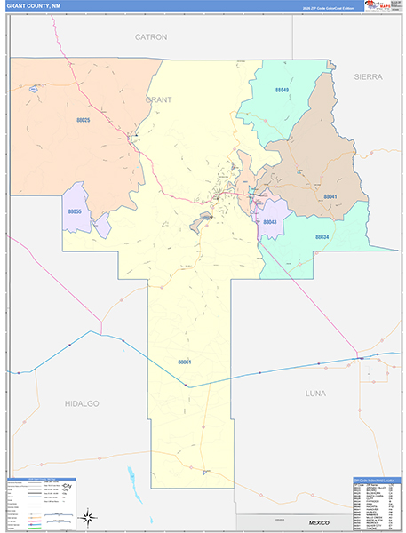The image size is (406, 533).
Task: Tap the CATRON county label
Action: point(151,37)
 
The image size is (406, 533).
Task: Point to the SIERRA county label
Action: point(368,77)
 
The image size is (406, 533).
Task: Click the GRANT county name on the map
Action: point(158,99)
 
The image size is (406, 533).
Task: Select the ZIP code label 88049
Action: point(282,90)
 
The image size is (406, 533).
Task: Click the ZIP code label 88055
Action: point(75,211)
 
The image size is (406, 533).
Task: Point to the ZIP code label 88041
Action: point(330,196)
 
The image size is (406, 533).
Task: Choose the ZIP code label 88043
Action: point(270,222)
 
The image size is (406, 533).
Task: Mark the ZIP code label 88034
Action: point(322,236)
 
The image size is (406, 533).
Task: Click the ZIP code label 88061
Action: point(185,362)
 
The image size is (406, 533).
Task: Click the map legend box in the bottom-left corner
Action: point(41,503)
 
